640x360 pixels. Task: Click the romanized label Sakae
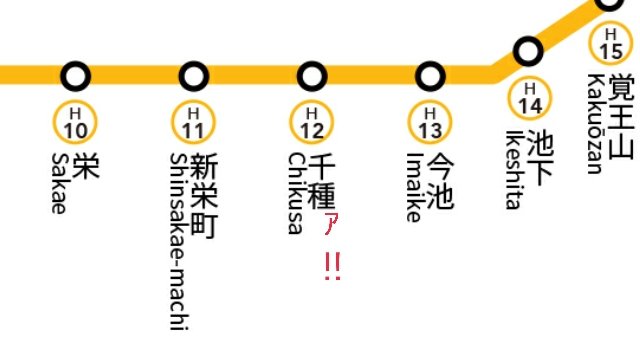(x=58, y=183)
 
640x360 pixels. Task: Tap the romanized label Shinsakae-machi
(x=179, y=241)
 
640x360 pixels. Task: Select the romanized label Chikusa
(x=296, y=193)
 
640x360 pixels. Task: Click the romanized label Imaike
(x=414, y=187)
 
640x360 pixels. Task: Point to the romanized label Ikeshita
(x=514, y=170)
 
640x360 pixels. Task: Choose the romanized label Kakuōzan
(x=595, y=124)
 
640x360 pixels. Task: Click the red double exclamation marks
(x=333, y=266)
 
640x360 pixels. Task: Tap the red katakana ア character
(x=331, y=224)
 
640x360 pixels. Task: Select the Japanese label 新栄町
(x=204, y=196)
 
